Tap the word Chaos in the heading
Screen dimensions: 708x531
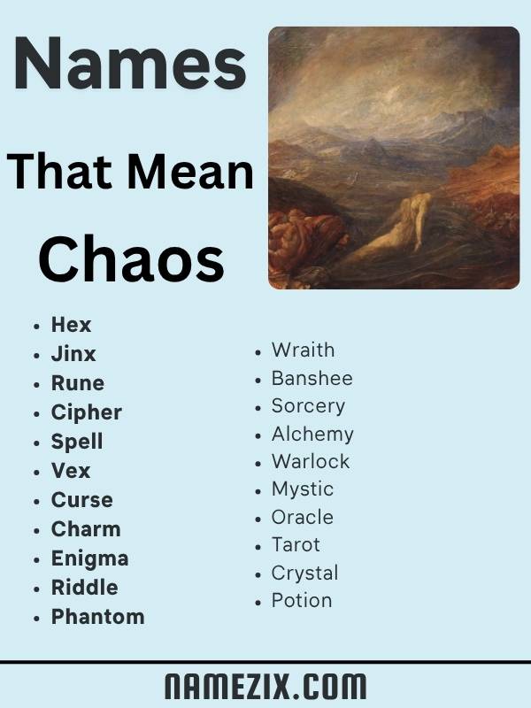click(x=130, y=260)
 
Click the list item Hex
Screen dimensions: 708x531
click(x=71, y=325)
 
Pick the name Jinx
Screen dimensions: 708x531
click(x=73, y=354)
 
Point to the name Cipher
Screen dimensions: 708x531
click(x=86, y=412)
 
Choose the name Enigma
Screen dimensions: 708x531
click(x=89, y=558)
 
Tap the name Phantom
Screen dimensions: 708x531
click(x=97, y=617)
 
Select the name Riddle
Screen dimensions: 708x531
click(x=84, y=588)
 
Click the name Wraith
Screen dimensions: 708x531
click(x=303, y=350)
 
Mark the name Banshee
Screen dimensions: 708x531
click(x=312, y=378)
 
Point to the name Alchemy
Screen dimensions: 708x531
click(x=312, y=434)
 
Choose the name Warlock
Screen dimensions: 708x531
click(x=311, y=461)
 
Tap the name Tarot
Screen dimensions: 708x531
click(x=296, y=544)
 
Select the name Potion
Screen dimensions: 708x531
click(x=302, y=600)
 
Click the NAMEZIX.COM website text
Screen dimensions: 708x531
click(x=265, y=686)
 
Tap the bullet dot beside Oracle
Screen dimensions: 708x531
click(x=258, y=518)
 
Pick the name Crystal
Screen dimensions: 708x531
click(x=304, y=573)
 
